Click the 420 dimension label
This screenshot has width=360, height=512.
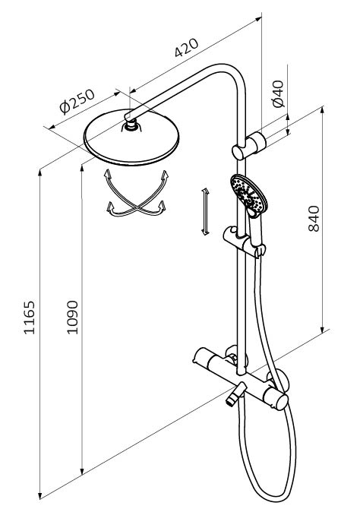point(186,48)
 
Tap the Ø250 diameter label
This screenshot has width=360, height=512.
point(77,101)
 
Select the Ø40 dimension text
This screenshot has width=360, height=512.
point(279,93)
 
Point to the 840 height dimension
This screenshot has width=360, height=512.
point(314,219)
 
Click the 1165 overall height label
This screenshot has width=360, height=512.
point(29,318)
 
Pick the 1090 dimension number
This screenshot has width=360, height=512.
point(72,317)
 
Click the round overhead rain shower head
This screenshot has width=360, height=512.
point(131,137)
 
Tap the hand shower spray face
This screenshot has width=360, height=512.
point(248,194)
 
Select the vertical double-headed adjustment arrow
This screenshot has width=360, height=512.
point(205,212)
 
